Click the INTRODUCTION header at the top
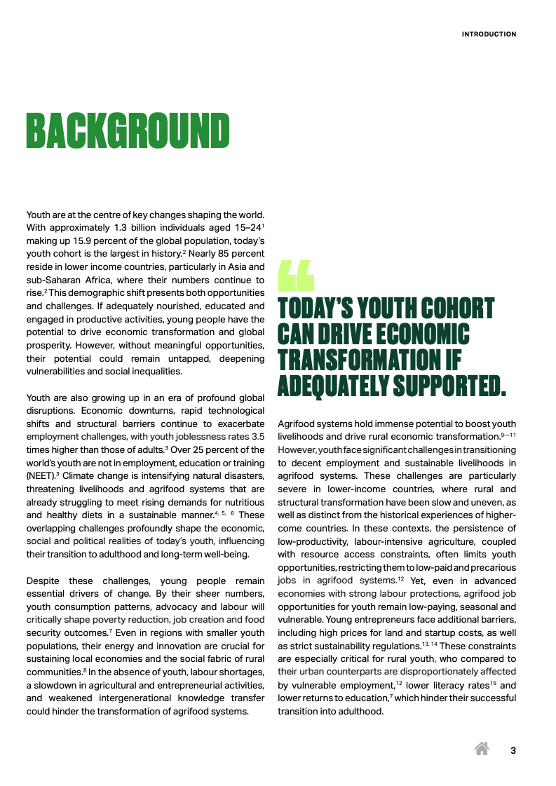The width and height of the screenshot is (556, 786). (489, 34)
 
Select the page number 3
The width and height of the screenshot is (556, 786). (513, 751)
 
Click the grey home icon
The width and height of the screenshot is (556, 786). (482, 749)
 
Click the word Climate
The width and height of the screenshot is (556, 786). (79, 475)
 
